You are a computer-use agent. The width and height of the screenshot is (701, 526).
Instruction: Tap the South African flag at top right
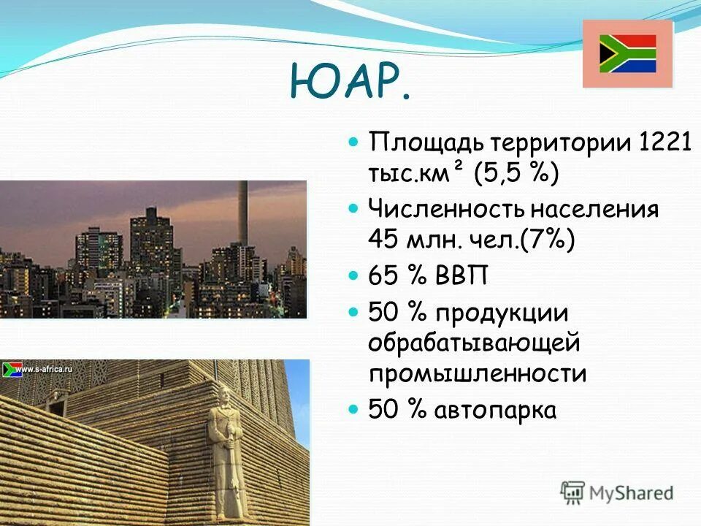627,54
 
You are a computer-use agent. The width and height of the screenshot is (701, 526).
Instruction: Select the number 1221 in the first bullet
665,141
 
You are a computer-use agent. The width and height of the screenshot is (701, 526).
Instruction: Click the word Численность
447,210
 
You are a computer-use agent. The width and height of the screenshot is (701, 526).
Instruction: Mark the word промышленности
477,374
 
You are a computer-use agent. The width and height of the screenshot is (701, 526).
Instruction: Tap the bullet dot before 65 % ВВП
354,276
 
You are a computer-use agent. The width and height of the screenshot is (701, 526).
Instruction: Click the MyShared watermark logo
616,492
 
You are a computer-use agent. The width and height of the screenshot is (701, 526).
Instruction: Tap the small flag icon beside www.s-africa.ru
12,369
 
